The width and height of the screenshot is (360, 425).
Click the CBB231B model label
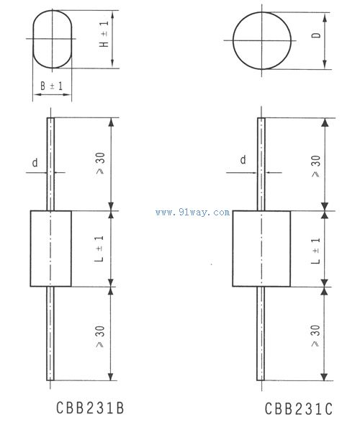90,408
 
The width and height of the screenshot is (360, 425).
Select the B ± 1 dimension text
51,86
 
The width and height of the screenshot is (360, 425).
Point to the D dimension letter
316,36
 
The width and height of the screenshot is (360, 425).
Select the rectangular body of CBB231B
50,248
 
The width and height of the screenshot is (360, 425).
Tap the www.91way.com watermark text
192,212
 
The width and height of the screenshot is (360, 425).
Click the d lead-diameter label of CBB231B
34,163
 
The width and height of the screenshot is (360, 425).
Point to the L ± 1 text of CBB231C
315,249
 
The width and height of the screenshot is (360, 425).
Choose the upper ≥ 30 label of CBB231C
315,166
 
